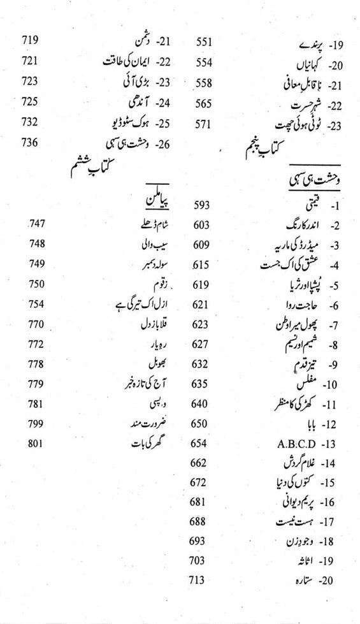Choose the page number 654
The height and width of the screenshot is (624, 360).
coord(199,442)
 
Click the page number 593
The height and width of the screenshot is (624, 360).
coord(202,205)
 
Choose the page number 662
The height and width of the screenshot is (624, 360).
coord(199,461)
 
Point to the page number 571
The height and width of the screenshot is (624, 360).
coord(202,124)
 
